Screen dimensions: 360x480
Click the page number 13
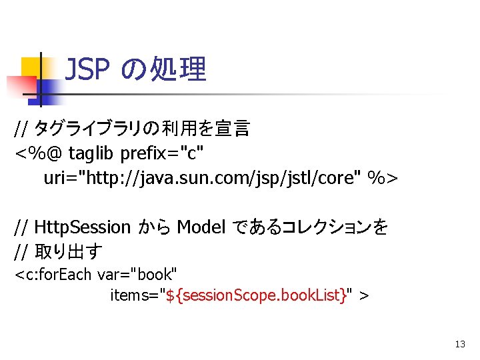pos(459,345)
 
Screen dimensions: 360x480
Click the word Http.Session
pos(83,227)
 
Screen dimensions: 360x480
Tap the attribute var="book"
pos(137,274)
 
